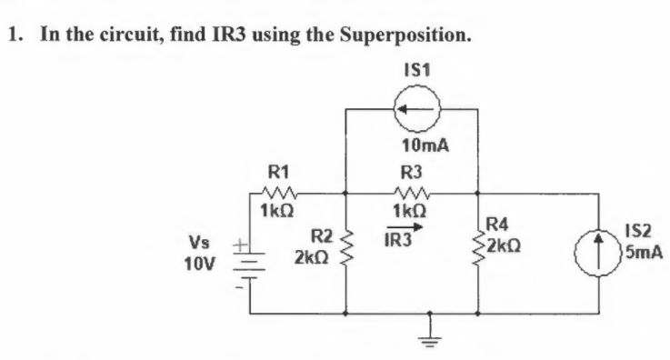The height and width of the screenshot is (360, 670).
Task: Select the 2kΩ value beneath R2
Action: click(x=310, y=259)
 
